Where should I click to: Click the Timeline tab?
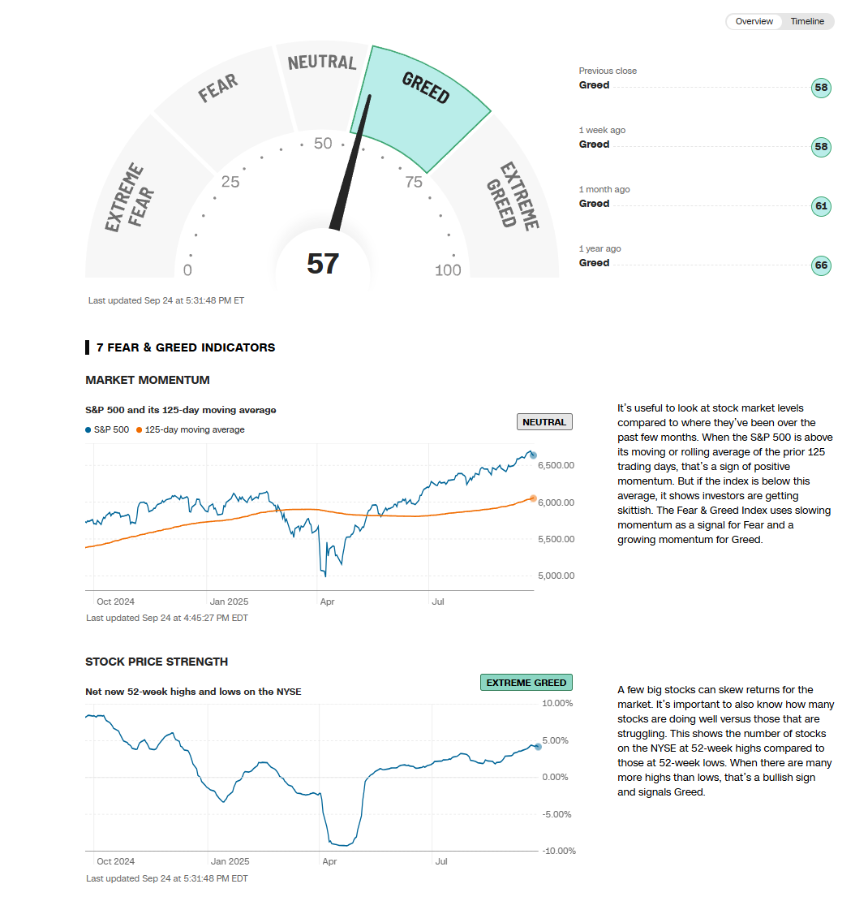pyautogui.click(x=807, y=22)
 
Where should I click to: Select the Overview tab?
pyautogui.click(x=754, y=22)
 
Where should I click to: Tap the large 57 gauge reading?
pyautogui.click(x=323, y=264)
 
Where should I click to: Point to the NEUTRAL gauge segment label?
pyautogui.click(x=322, y=63)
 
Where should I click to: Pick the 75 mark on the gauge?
pyautogui.click(x=414, y=182)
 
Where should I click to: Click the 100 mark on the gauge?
pyautogui.click(x=448, y=270)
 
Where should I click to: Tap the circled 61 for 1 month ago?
pyautogui.click(x=821, y=206)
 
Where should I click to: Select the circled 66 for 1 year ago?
pyautogui.click(x=821, y=265)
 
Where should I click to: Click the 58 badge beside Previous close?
pyautogui.click(x=821, y=88)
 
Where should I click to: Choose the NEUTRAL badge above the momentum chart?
pyautogui.click(x=544, y=422)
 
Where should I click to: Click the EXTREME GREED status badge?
pyautogui.click(x=526, y=683)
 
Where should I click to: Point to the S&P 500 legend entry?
pyautogui.click(x=107, y=430)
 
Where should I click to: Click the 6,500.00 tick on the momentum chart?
pyautogui.click(x=557, y=465)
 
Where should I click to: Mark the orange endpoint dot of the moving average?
pyautogui.click(x=533, y=498)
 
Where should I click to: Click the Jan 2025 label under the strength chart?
pyautogui.click(x=230, y=861)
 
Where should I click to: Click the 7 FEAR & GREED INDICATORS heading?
pyautogui.click(x=186, y=347)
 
